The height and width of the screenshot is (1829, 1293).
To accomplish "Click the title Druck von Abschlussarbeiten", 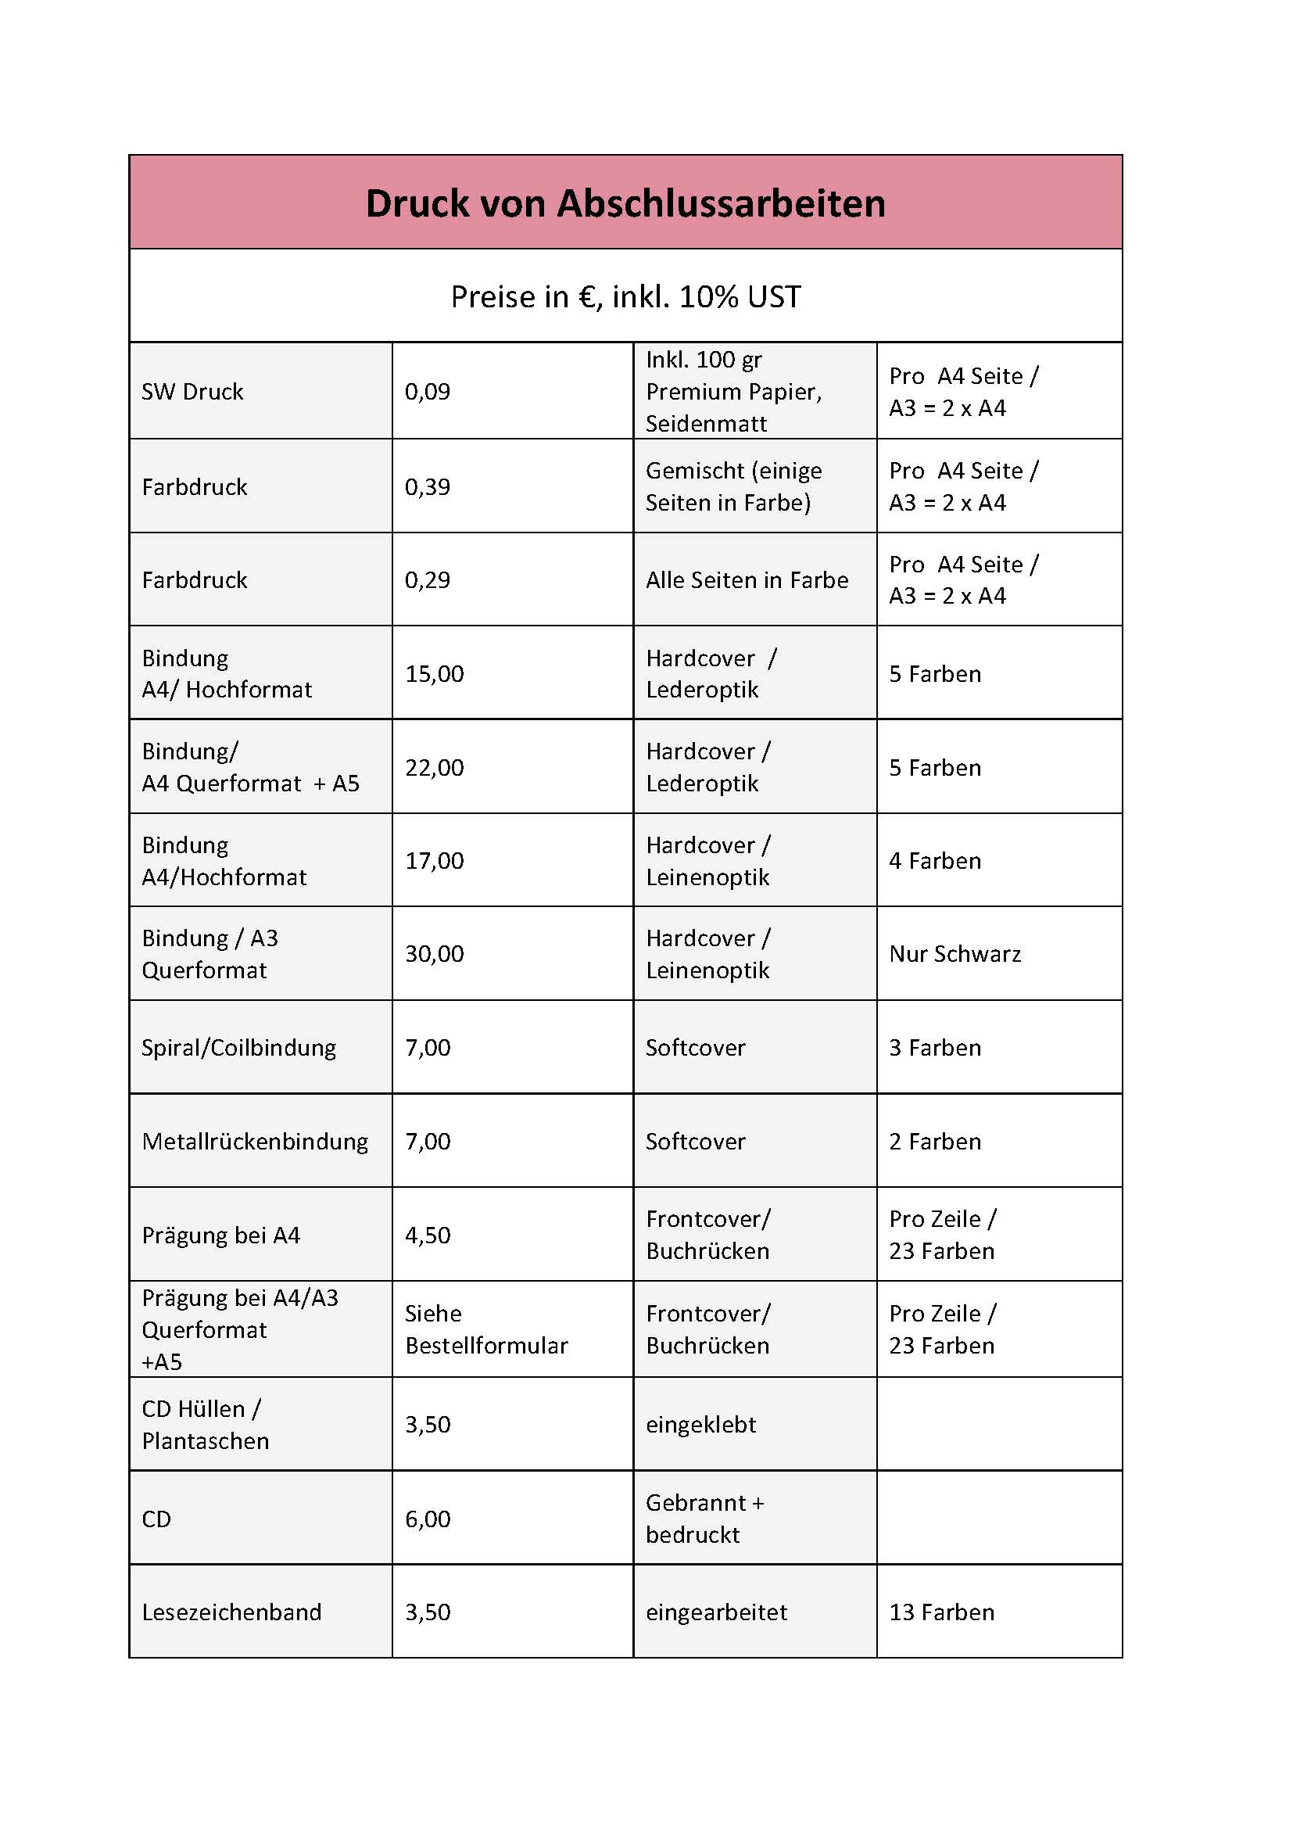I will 625,203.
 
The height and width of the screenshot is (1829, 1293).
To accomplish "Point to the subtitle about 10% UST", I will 625,296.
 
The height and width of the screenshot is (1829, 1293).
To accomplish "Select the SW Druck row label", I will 192,391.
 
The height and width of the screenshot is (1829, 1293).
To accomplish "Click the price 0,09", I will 428,391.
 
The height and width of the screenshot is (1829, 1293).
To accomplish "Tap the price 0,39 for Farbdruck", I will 428,486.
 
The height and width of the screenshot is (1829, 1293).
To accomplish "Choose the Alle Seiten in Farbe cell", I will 747,580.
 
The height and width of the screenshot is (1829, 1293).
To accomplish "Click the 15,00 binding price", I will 434,674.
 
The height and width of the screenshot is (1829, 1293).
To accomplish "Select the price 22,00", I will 434,767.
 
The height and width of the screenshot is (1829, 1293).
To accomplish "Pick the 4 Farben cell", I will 935,860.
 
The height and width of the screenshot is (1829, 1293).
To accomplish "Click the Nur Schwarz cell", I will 955,953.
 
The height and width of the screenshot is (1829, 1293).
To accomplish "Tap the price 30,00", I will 434,953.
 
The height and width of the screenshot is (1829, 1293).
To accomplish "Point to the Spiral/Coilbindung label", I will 239,1048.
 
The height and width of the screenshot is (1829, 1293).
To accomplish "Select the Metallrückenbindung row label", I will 255,1141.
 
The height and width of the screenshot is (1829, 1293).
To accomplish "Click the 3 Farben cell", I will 935,1048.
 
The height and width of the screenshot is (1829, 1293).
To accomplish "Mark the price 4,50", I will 428,1235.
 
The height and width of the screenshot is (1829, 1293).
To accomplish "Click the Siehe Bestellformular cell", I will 485,1329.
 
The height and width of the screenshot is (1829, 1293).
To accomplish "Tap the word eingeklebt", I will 700,1423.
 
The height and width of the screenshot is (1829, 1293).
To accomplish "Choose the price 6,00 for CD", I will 428,1519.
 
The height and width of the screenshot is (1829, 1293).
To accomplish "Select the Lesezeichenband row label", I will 231,1612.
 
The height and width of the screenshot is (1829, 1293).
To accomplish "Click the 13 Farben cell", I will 941,1612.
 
